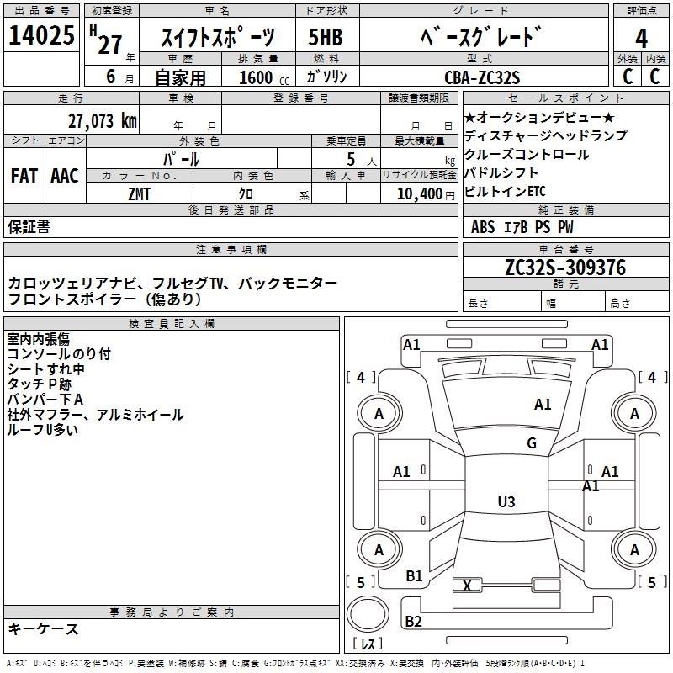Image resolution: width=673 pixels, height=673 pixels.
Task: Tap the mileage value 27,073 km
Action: [x=103, y=120]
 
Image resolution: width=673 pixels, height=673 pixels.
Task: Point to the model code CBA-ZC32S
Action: [x=482, y=77]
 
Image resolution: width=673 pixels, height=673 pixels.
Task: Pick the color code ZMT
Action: [x=140, y=193]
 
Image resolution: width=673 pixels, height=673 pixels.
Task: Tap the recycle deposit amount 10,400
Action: [x=418, y=193]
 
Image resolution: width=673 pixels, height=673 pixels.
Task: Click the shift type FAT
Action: [x=24, y=176]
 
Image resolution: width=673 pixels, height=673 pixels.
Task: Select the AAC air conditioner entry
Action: [x=65, y=176]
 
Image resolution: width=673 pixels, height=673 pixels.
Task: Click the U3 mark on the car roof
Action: [x=506, y=502]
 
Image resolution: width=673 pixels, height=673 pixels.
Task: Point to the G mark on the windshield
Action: [x=532, y=443]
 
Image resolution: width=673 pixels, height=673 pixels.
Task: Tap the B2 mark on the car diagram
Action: [x=414, y=622]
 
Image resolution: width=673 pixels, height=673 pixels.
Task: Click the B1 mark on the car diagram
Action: [x=414, y=575]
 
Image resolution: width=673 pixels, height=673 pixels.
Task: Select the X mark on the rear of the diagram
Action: [x=467, y=586]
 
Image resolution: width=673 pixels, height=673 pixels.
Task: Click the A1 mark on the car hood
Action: [x=543, y=405]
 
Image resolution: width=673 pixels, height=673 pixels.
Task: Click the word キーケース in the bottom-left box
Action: [x=44, y=628]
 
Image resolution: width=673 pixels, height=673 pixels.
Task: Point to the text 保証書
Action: [x=29, y=227]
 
